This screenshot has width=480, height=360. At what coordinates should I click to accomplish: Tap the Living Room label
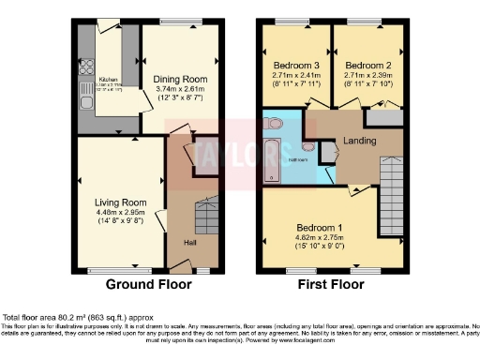(x=121, y=202)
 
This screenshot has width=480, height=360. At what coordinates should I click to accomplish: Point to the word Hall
(x=190, y=244)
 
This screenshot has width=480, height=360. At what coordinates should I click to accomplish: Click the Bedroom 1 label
(x=320, y=228)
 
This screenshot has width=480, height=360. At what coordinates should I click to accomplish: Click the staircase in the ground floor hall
(x=204, y=217)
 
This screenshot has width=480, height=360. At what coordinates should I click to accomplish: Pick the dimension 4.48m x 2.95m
(x=121, y=211)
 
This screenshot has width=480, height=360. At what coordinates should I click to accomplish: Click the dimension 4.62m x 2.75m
(x=320, y=237)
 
